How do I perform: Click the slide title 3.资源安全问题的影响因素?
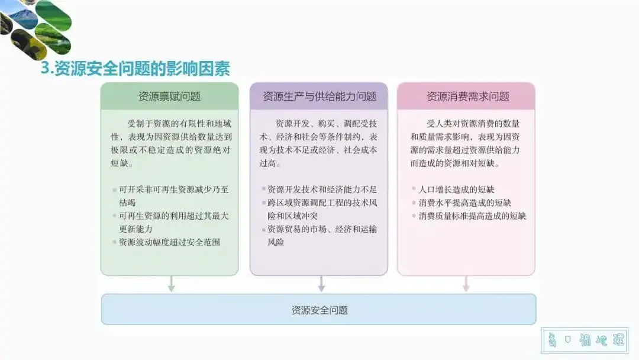pyautogui.click(x=135, y=69)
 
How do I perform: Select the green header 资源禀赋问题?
pyautogui.click(x=169, y=97)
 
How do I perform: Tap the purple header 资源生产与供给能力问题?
pyautogui.click(x=319, y=97)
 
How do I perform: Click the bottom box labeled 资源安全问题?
pyautogui.click(x=319, y=310)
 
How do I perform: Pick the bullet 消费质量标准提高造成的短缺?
pyautogui.click(x=472, y=216)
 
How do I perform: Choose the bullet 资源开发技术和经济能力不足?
pyautogui.click(x=322, y=189)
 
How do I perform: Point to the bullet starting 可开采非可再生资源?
pyautogui.click(x=173, y=196)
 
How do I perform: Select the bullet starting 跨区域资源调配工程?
pyautogui.click(x=322, y=209)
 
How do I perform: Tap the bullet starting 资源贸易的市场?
pyautogui.click(x=322, y=236)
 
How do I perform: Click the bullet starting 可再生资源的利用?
pyautogui.click(x=173, y=222)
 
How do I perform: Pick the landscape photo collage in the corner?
pyautogui.click(x=35, y=27)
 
